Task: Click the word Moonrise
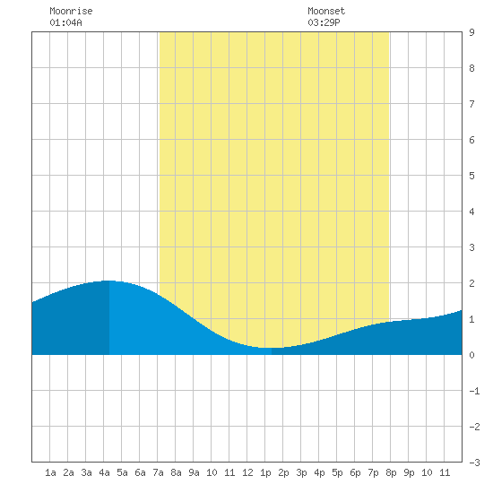(x=71, y=11)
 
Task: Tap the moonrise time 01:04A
(x=65, y=22)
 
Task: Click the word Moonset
(x=326, y=11)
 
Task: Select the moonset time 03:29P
(x=324, y=22)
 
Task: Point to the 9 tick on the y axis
(x=471, y=32)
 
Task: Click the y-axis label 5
(x=471, y=176)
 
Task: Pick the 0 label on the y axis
(x=471, y=355)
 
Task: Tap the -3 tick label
(x=474, y=463)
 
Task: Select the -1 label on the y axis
(x=474, y=391)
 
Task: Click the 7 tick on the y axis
(x=471, y=104)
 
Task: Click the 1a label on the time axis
(x=50, y=472)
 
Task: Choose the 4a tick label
(x=104, y=472)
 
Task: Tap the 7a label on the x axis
(x=158, y=472)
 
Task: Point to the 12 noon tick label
(x=247, y=472)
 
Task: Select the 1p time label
(x=265, y=472)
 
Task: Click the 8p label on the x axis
(x=391, y=472)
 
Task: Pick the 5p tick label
(x=337, y=472)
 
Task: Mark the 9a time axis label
(x=194, y=472)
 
